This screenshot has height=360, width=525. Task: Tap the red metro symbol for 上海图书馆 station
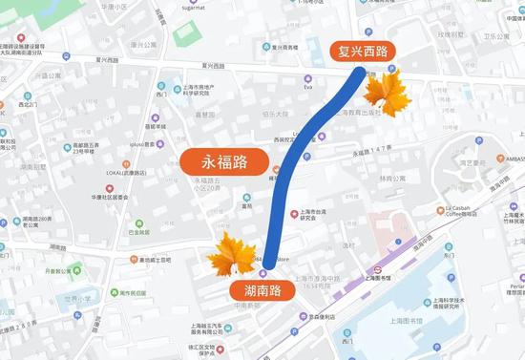[376, 269]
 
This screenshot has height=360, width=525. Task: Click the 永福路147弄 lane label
[372, 152]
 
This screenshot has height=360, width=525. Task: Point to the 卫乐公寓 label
[495, 36]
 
